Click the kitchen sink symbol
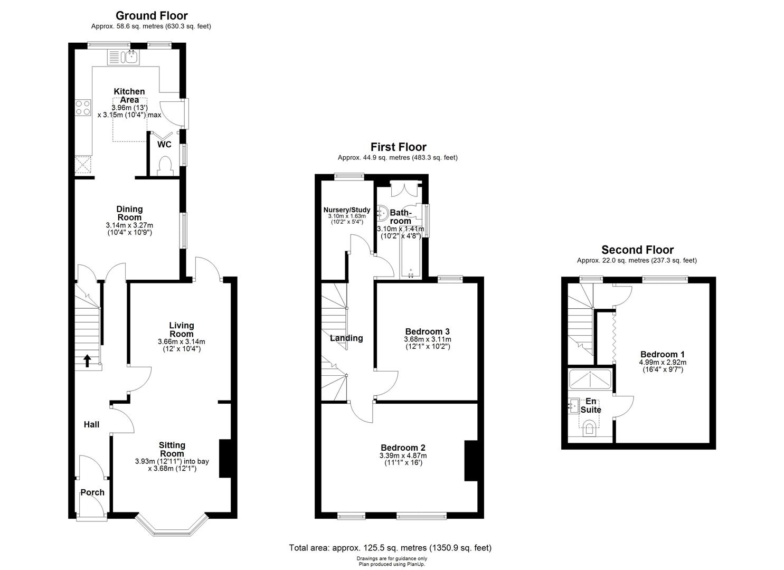click(123, 56)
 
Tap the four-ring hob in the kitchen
click(83, 108)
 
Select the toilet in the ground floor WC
click(165, 165)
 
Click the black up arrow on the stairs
click(87, 361)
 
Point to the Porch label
click(92, 492)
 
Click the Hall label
click(91, 424)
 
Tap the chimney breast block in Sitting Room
click(225, 458)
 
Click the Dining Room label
click(129, 213)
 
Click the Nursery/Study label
click(347, 210)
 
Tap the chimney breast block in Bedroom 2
click(470, 460)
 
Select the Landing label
click(346, 338)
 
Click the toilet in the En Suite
click(589, 428)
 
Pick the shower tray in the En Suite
click(590, 379)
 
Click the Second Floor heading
click(637, 250)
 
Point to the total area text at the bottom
click(390, 548)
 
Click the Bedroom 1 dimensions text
click(663, 366)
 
